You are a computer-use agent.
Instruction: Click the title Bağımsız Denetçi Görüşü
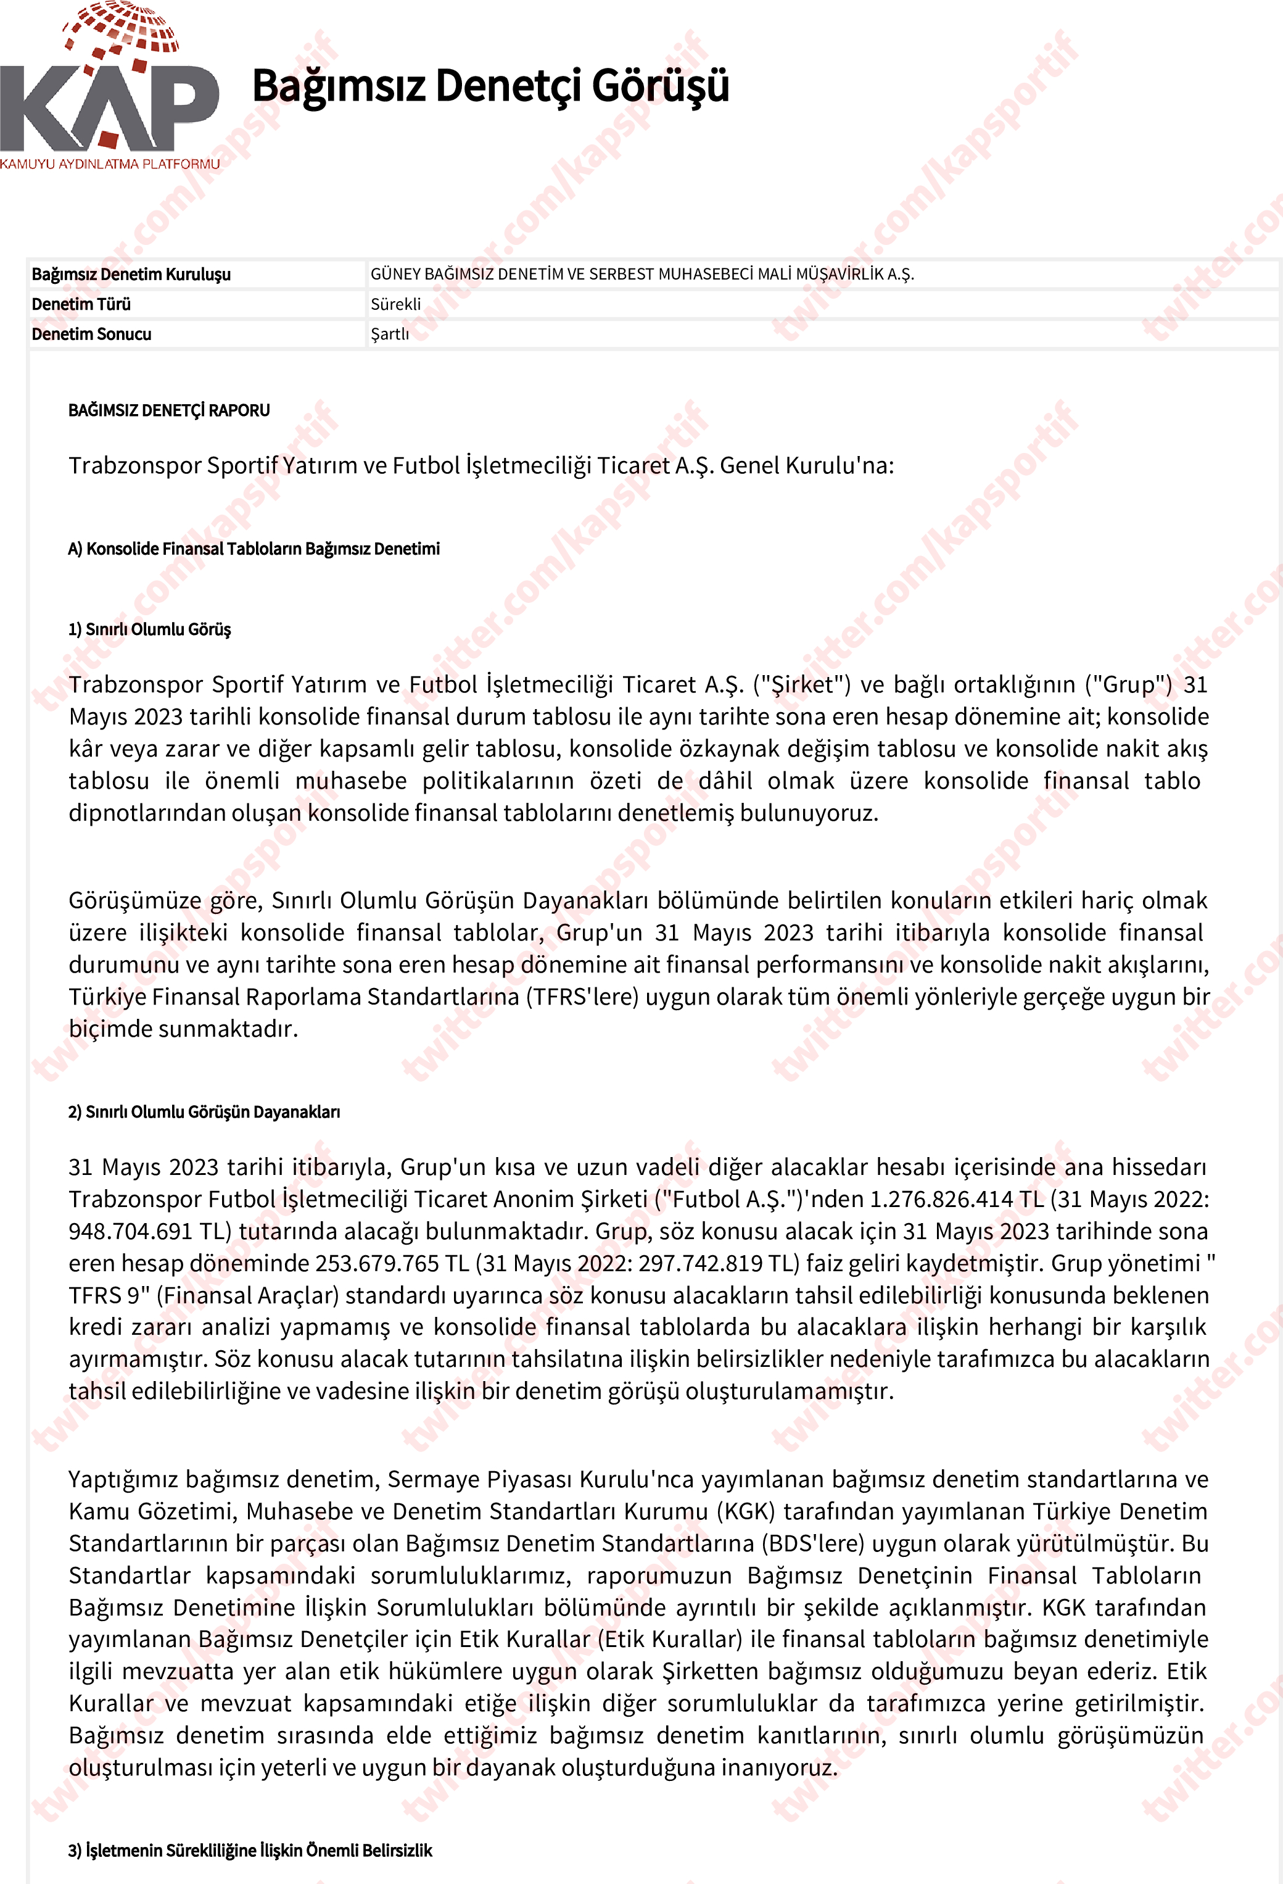coord(490,86)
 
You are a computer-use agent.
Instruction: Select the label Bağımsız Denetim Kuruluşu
coord(131,274)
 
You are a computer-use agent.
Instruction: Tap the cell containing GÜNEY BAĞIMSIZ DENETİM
coord(642,274)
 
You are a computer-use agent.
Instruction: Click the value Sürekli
coord(395,304)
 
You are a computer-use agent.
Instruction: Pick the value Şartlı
coord(390,334)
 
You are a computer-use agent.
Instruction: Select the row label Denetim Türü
coord(81,304)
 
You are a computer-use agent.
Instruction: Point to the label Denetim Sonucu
coord(91,334)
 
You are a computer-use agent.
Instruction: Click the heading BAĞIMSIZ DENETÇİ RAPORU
coord(168,410)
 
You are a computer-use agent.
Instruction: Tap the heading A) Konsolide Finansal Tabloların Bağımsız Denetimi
coord(254,549)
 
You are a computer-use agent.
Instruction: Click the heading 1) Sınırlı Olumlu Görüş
coord(150,629)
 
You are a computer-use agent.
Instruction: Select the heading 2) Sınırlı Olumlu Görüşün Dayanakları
coord(204,1111)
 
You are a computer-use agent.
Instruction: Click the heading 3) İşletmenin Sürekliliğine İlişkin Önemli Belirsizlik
coord(250,1850)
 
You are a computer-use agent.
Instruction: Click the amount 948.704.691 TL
coord(150,1231)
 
